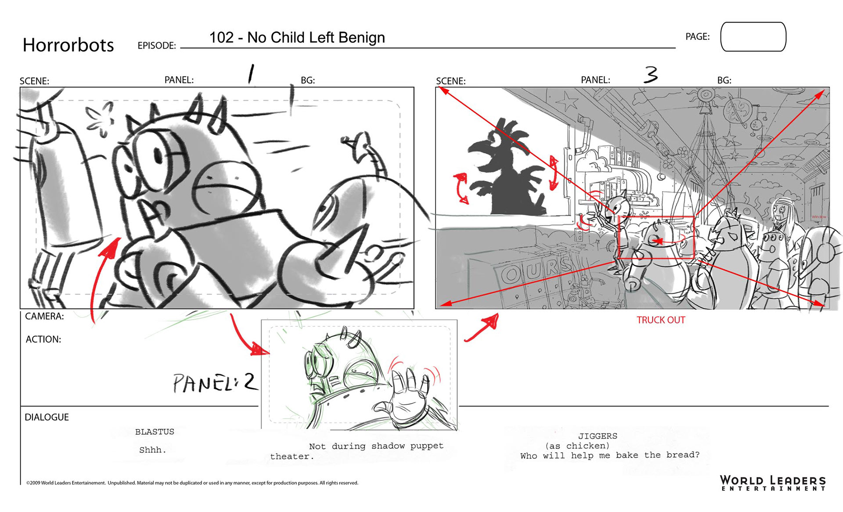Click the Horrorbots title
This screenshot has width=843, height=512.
point(68,45)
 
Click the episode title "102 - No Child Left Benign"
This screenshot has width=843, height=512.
point(297,37)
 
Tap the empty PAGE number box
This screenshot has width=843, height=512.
point(753,37)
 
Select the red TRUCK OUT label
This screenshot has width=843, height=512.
point(661,320)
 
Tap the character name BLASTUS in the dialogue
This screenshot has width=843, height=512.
point(155,432)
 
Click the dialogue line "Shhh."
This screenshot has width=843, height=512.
point(152,450)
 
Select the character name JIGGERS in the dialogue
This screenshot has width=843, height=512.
point(598,436)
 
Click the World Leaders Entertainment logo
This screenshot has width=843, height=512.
point(773,483)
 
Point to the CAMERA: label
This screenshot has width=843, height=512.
point(44,316)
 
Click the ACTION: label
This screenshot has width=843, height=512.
point(43,339)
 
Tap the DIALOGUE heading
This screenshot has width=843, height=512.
point(47,417)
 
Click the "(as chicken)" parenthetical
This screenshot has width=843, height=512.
point(577,446)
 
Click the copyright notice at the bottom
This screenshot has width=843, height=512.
point(192,483)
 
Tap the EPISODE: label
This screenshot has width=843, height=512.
point(157,46)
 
